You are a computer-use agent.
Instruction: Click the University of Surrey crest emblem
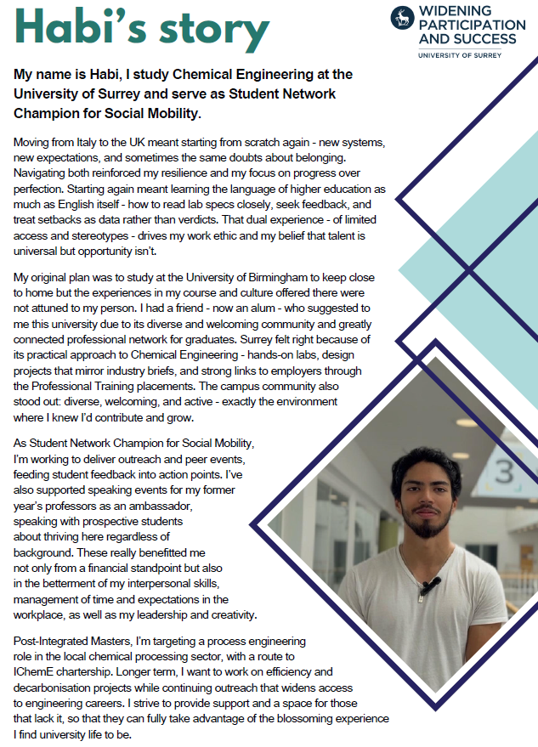(402, 18)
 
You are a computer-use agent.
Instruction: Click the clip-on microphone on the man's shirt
(429, 585)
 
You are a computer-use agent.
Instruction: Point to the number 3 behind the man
(503, 471)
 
